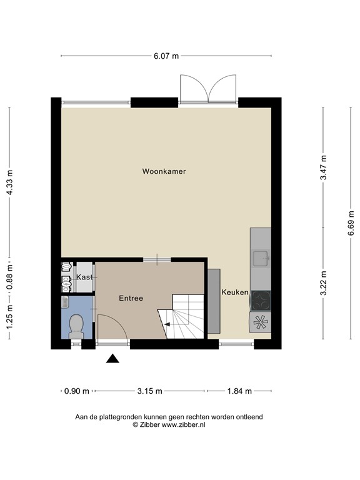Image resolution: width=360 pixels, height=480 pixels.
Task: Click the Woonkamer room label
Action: click(x=164, y=171)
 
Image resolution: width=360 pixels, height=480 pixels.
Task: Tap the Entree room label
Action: click(x=131, y=298)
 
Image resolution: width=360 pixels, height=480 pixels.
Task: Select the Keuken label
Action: click(x=234, y=292)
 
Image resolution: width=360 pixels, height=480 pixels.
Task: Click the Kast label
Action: click(x=84, y=277)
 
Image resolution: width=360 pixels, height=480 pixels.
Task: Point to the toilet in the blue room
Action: click(x=76, y=326)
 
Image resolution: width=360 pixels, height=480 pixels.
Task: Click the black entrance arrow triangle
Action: click(x=112, y=358)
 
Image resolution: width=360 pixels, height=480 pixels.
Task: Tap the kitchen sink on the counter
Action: click(x=260, y=256)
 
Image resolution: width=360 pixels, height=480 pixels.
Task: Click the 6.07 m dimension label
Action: click(x=166, y=56)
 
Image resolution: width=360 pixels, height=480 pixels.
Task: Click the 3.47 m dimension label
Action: click(x=323, y=167)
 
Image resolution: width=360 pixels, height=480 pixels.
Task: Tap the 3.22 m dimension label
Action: click(x=323, y=283)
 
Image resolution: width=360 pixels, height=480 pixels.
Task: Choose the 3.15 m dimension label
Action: click(x=149, y=391)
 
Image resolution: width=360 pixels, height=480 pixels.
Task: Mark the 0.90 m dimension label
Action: click(x=76, y=391)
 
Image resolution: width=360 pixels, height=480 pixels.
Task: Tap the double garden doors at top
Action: click(x=207, y=89)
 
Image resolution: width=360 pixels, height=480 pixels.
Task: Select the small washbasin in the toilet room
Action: click(x=65, y=302)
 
